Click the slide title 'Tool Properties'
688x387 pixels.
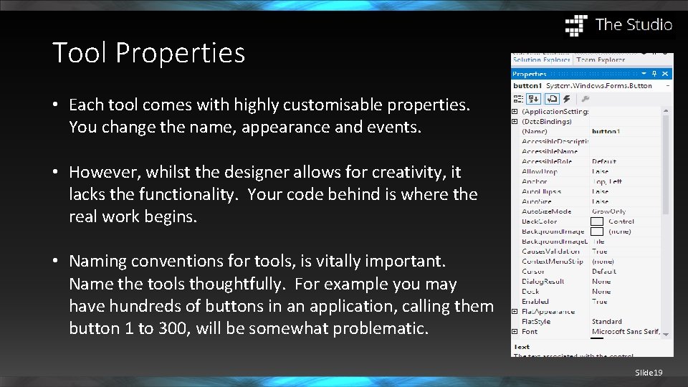[x=148, y=53]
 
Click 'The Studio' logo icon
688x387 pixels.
[x=576, y=25]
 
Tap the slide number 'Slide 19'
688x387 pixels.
[x=648, y=373]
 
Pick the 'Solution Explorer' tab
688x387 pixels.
[x=541, y=60]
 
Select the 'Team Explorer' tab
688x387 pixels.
[x=601, y=60]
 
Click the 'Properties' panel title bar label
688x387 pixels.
[x=530, y=74]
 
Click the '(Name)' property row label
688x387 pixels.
[x=535, y=132]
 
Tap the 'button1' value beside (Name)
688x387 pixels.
[x=606, y=132]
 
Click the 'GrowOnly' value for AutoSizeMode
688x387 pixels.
[x=608, y=211]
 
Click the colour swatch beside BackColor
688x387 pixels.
[x=596, y=222]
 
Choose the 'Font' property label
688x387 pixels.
[x=530, y=332]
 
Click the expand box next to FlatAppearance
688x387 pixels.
[x=514, y=312]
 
